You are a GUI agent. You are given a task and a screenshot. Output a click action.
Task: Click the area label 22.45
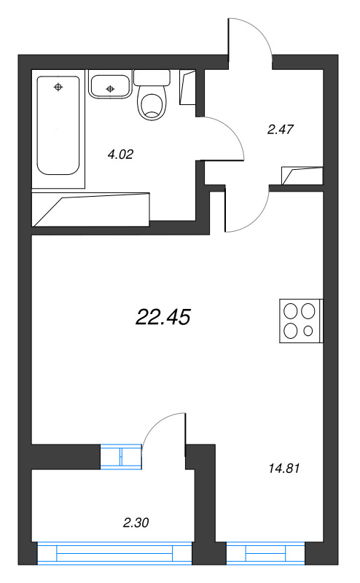(163, 316)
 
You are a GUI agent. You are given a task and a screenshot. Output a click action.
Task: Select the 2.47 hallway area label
(280, 130)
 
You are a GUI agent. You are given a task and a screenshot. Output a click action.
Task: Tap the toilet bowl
(152, 104)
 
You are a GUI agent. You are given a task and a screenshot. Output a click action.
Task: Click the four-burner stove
(301, 321)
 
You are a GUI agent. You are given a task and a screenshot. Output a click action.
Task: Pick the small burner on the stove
(308, 332)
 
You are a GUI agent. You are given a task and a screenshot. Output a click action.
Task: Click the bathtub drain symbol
(58, 87)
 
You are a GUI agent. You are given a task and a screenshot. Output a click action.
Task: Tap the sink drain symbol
(110, 89)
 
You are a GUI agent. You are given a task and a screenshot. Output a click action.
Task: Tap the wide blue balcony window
(115, 554)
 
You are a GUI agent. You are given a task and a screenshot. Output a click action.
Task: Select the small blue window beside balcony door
(120, 455)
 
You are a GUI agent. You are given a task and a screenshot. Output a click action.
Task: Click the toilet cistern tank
(152, 78)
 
